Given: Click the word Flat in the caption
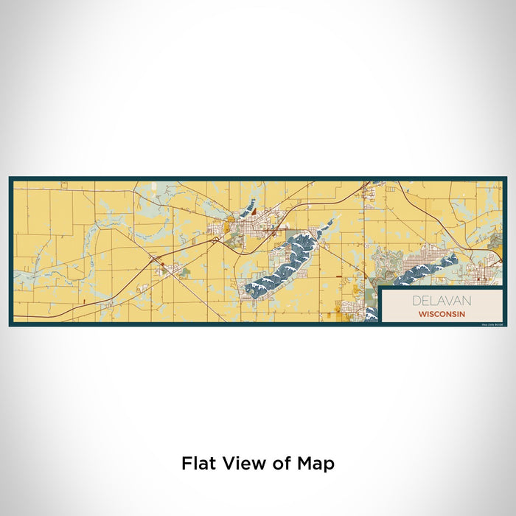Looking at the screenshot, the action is (x=198, y=464).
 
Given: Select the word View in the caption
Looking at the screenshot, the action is (x=243, y=464).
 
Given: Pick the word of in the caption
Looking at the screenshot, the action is (x=282, y=464).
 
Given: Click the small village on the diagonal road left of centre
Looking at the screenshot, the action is (x=168, y=267).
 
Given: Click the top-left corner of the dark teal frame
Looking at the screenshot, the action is (x=10, y=178).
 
